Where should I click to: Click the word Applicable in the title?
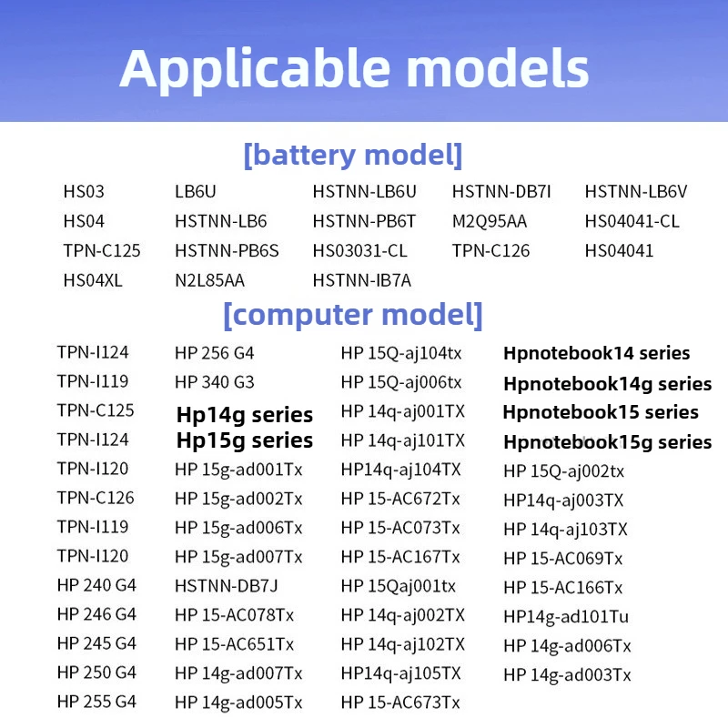pos(255,70)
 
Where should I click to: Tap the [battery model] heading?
pos(353,155)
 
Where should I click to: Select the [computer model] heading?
pos(353,315)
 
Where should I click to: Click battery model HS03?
pos(84,191)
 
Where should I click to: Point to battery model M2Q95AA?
pos(490,221)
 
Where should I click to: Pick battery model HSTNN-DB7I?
pos(501,191)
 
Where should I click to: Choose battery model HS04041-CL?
pos(632,221)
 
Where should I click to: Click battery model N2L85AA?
pos(209,280)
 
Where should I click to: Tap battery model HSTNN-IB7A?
pos(361,280)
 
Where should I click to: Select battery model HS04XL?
pos(93,280)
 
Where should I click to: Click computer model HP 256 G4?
pos(215,353)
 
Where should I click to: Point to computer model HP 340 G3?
pos(215,382)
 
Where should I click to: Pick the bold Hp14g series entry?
pos(245,415)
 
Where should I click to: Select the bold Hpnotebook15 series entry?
pos(601,412)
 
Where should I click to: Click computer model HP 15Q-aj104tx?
pos(401,354)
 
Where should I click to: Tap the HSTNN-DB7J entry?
pos(226,586)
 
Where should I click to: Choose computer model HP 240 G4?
pos(96,585)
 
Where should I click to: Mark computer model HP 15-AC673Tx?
pos(400,703)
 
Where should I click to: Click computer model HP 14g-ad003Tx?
pos(567,675)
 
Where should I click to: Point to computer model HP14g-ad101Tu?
pos(566,617)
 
